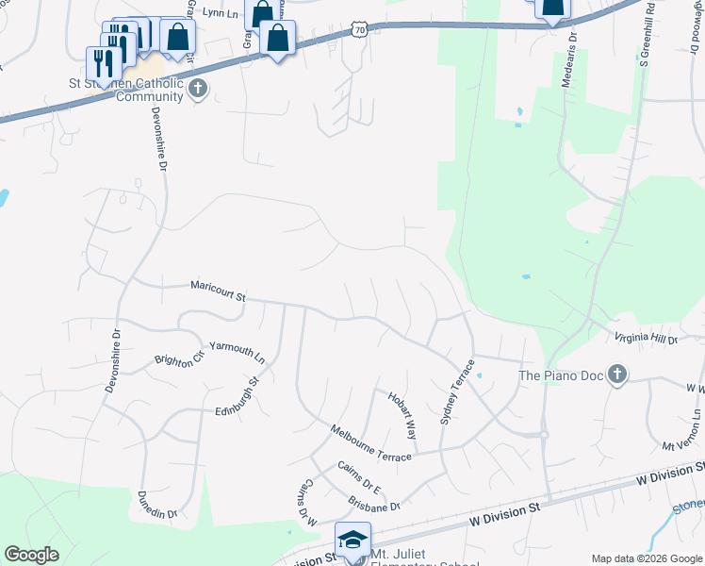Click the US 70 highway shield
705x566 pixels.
coord(359,31)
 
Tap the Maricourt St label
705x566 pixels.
coord(218,289)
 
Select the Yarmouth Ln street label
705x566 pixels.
coord(238,351)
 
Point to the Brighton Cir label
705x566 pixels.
coord(179,360)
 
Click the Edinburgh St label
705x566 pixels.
coord(237,399)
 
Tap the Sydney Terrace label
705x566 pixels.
coord(458,391)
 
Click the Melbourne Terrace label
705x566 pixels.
coord(370,443)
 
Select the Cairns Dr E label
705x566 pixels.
coord(359,478)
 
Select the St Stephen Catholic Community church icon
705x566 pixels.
coord(197,90)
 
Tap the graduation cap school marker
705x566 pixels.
coord(352,540)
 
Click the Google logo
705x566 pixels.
coord(31,554)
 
